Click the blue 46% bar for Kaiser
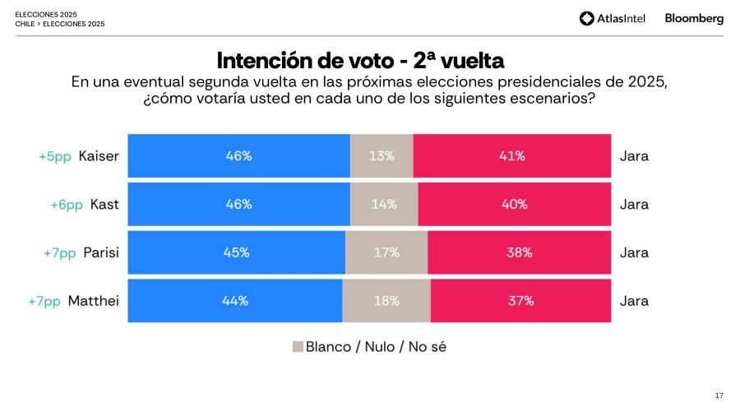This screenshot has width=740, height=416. [238, 155]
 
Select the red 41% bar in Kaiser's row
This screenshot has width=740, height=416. [511, 155]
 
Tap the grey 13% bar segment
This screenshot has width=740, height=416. [382, 155]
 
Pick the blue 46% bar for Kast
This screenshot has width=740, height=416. [238, 204]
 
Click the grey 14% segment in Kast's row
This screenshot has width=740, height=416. [384, 204]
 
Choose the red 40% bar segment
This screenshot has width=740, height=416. [514, 204]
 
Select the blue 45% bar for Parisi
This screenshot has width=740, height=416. [236, 252]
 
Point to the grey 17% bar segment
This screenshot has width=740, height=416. [386, 252]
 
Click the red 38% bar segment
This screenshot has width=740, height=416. [519, 252]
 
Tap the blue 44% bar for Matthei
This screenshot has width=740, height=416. [234, 301]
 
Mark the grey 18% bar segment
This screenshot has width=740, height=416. [386, 301]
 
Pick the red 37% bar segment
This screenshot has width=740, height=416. [520, 301]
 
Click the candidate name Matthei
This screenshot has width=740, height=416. [93, 301]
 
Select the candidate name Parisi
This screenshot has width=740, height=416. [101, 252]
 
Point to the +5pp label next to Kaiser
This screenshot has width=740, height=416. [55, 156]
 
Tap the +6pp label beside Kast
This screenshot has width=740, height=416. [66, 205]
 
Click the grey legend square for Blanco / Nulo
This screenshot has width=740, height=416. [298, 347]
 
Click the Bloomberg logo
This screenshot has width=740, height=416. [694, 18]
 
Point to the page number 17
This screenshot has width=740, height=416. [719, 395]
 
